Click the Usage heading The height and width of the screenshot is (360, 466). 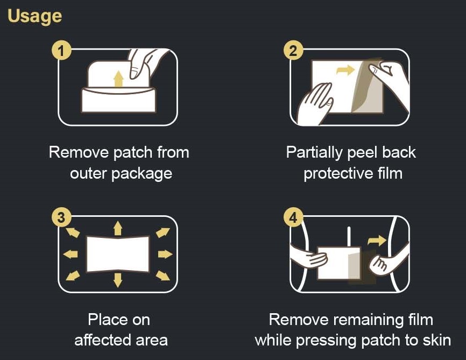tap(35, 17)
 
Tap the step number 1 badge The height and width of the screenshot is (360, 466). tap(61, 50)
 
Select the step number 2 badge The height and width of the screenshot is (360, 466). tap(293, 50)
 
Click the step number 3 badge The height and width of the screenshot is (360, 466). tap(61, 217)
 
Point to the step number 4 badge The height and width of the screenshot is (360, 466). tap(293, 217)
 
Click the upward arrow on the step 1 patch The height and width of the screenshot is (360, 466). tap(118, 79)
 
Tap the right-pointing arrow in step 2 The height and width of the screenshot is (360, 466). tap(345, 70)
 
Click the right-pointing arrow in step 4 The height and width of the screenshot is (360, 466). tap(377, 241)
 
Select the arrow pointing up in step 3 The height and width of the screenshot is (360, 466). tap(118, 228)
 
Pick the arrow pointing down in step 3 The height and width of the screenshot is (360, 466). tap(118, 280)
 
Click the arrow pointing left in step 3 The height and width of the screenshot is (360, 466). tap(70, 254)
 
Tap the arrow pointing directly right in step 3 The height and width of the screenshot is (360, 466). tap(165, 254)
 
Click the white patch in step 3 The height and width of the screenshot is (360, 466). tap(118, 254)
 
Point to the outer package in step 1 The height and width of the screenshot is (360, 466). tap(118, 100)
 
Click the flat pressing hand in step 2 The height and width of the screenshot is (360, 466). tap(314, 104)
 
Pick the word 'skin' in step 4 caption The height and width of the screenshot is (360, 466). tap(436, 340)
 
